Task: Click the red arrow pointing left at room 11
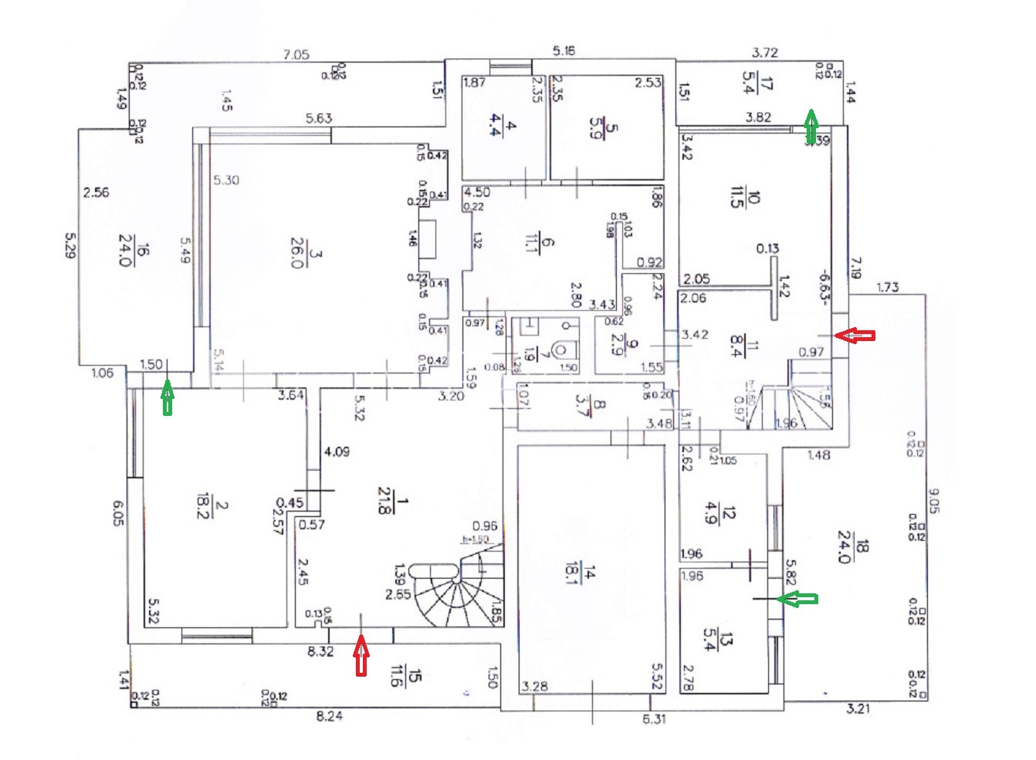point(856,335)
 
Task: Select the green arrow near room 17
point(811,127)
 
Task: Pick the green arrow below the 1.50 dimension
point(168,399)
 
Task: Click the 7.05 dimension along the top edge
point(296,55)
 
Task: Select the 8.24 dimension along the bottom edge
point(330,716)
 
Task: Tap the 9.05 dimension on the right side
point(934,501)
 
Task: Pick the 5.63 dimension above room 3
point(318,118)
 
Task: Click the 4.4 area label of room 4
point(495,124)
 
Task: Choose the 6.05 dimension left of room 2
point(118,512)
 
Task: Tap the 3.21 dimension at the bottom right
point(858,708)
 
